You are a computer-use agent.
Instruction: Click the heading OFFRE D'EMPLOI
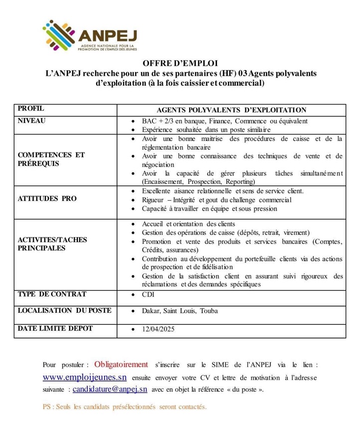[x=180, y=64]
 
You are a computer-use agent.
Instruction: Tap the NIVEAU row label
[x=31, y=120]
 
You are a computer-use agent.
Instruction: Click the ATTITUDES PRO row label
[x=47, y=199]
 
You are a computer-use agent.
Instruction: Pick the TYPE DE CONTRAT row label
[x=52, y=294]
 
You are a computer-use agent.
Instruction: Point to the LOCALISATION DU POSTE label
[x=64, y=311]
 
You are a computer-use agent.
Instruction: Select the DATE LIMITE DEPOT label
[x=55, y=328]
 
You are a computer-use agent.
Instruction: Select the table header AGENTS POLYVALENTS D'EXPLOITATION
[x=231, y=110]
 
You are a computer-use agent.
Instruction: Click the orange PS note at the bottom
[x=124, y=407]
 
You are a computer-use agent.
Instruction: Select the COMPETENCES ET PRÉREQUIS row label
[x=51, y=159]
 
